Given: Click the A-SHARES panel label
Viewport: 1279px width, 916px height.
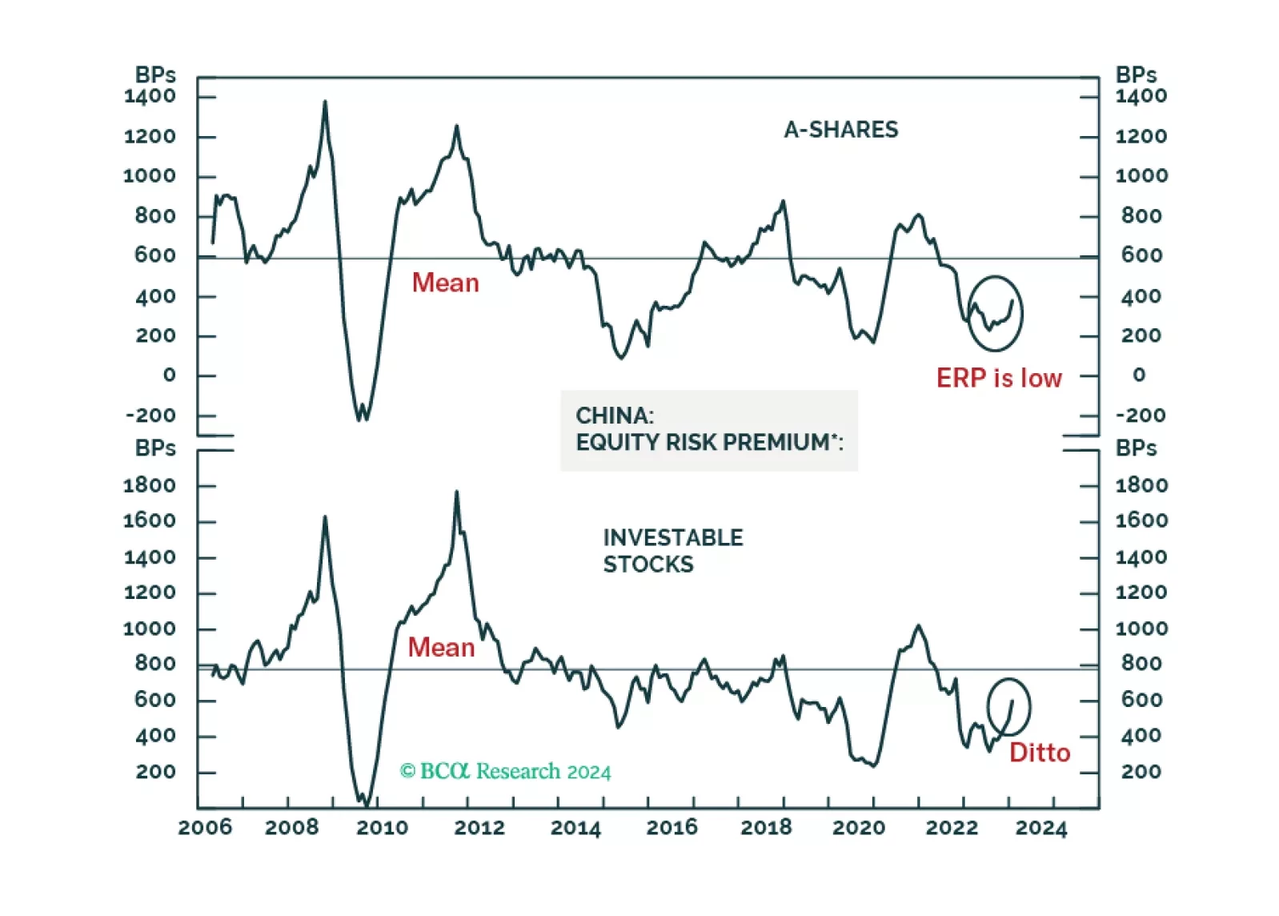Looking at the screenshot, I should click(x=840, y=130).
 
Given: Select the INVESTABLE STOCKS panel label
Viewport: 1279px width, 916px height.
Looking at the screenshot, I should click(x=672, y=551).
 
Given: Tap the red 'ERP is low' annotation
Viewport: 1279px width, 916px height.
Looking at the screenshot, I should click(x=998, y=378).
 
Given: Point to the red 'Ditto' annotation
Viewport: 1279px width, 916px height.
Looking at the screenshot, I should click(x=1039, y=753).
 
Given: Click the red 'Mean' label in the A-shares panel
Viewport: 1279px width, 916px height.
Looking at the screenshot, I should click(x=445, y=283).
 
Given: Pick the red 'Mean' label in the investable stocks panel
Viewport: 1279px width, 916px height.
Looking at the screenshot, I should click(x=441, y=647).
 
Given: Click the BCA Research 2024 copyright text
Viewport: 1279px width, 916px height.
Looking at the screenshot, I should click(x=505, y=771).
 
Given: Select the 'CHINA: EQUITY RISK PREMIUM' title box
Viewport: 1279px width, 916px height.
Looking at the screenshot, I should click(x=708, y=430).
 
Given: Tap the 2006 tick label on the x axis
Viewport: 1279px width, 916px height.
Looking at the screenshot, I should click(x=205, y=827).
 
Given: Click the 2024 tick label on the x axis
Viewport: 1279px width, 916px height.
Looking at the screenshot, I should click(x=1041, y=827).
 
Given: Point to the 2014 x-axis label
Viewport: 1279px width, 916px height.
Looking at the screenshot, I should click(x=575, y=827).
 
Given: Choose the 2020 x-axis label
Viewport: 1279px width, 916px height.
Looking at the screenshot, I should click(x=859, y=827).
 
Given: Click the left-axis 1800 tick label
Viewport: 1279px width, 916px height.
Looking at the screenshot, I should click(x=150, y=485).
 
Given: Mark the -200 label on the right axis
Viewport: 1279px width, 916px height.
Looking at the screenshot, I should click(x=1141, y=415).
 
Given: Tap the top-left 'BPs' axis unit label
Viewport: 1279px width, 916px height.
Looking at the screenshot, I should click(x=155, y=74).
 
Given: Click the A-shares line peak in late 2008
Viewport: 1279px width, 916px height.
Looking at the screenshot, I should click(x=325, y=102).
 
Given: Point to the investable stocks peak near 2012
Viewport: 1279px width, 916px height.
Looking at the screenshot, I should click(x=457, y=492).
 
